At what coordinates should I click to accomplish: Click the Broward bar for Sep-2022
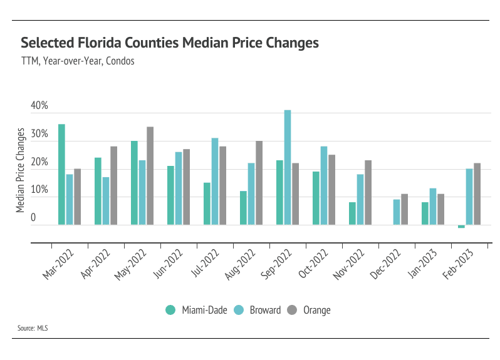pos(288,167)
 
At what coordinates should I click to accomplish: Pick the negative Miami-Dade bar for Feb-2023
pos(461,226)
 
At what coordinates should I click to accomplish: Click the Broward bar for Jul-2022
pos(215,181)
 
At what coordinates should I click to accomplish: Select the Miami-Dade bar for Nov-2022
pos(352,213)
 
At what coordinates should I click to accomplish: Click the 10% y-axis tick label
pos(39,190)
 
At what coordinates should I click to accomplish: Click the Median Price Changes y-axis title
pos(21,170)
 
